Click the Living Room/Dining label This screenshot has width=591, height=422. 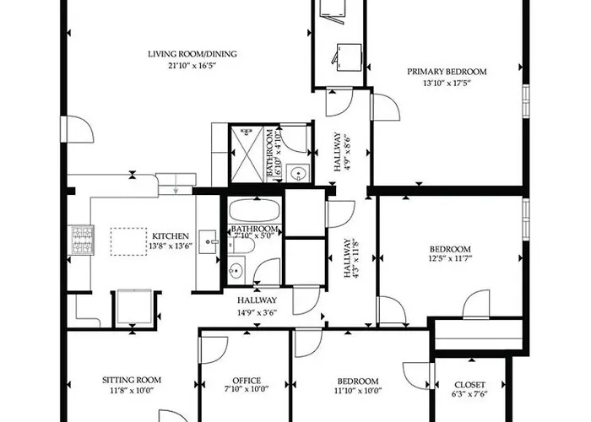point(192,54)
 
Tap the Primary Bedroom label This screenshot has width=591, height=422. point(447,72)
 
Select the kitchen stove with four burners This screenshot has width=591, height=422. point(81,240)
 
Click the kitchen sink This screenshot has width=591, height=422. point(208,242)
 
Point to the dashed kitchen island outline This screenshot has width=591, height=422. point(128,241)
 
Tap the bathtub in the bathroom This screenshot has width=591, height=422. point(254,211)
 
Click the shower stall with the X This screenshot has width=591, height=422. point(247,154)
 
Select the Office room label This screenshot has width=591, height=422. point(247,381)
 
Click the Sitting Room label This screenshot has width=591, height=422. point(132,380)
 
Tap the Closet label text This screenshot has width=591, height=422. point(469,385)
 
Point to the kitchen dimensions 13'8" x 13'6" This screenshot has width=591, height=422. point(171,246)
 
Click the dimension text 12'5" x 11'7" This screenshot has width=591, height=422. point(450,258)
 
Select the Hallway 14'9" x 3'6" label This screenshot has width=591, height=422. point(257,306)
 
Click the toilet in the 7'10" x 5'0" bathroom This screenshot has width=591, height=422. point(241,246)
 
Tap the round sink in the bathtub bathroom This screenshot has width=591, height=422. point(236,270)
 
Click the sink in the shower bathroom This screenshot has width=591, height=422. point(298,173)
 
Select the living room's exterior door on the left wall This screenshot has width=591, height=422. point(78,129)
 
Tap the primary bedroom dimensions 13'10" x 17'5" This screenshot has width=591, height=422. point(447,83)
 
